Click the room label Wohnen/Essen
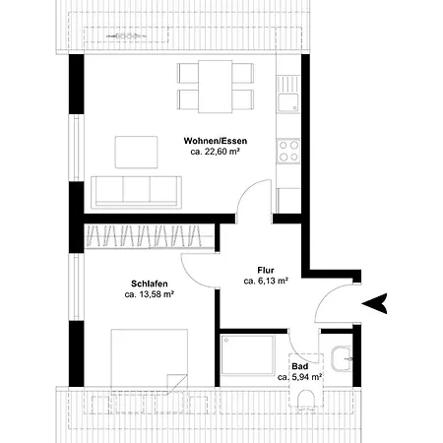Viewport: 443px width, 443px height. click(218, 141)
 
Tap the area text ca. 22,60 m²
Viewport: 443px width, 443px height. click(218, 153)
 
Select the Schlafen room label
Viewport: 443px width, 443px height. click(149, 282)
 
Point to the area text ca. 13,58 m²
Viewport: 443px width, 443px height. click(149, 293)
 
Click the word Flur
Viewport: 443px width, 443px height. click(266, 268)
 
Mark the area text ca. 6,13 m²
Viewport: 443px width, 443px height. click(266, 281)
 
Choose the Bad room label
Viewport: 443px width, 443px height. click(300, 365)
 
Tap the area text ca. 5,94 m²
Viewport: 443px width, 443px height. click(300, 377)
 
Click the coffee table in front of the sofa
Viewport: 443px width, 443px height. click(137, 152)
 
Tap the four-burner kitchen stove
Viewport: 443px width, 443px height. click(288, 149)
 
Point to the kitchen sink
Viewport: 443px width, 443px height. click(288, 97)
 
